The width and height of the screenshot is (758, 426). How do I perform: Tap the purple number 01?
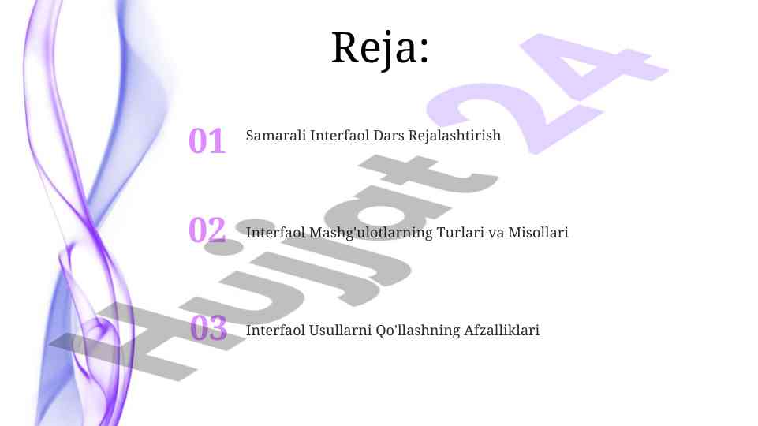click(207, 140)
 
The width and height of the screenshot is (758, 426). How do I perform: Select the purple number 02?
click(207, 230)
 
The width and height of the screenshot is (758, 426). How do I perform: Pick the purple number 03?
click(209, 327)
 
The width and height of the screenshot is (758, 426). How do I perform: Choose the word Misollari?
click(538, 233)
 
